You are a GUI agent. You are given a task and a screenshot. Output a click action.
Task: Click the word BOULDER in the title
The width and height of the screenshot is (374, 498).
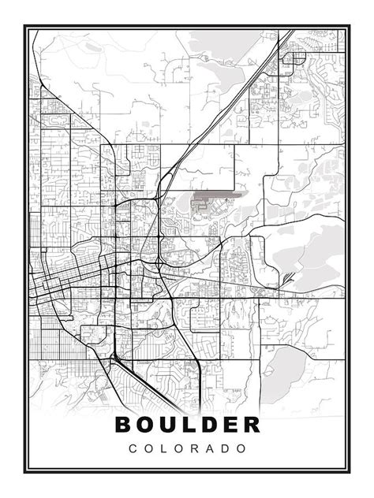pyautogui.click(x=188, y=424)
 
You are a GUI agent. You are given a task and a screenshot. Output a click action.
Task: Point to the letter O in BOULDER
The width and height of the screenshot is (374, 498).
pyautogui.click(x=147, y=424)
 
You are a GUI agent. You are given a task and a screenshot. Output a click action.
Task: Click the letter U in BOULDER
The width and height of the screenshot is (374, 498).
pyautogui.click(x=169, y=424)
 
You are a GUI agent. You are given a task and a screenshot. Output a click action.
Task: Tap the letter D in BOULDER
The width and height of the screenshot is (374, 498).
pyautogui.click(x=208, y=424)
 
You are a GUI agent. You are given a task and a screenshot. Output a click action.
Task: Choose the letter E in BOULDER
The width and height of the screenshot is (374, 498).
pyautogui.click(x=228, y=424)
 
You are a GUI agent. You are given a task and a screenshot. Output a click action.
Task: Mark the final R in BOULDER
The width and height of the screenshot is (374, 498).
pyautogui.click(x=249, y=424)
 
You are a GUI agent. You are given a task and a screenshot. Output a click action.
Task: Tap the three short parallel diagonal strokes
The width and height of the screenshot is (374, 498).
pyautogui.click(x=291, y=277)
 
